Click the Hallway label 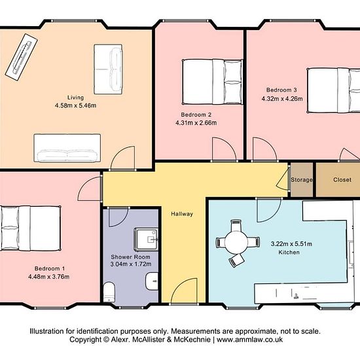[x=182, y=214]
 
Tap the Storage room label [x=302, y=180]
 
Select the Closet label [x=342, y=180]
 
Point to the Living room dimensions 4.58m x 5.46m [x=75, y=105]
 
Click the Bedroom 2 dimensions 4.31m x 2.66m [x=196, y=123]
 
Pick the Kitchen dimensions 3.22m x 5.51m [x=291, y=244]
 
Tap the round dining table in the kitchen [x=236, y=242]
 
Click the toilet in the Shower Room [x=109, y=291]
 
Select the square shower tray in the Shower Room [x=146, y=240]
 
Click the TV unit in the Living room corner [x=22, y=58]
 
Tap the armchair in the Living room [x=108, y=69]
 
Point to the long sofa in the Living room [x=67, y=148]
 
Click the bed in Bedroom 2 [x=212, y=82]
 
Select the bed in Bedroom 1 [x=31, y=228]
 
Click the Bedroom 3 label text [x=281, y=90]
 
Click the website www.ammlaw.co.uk [x=249, y=340]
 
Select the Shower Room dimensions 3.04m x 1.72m [x=131, y=264]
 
